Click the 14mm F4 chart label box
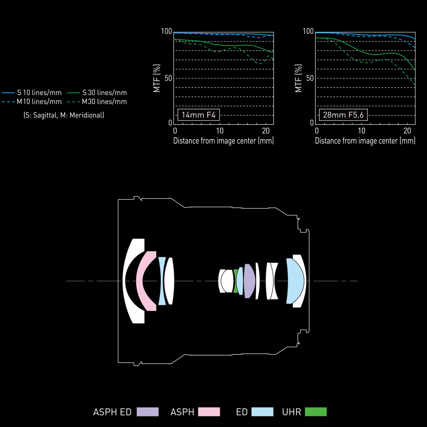[199, 115]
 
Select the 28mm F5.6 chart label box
[343, 115]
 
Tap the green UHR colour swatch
[316, 412]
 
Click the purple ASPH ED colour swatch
[147, 412]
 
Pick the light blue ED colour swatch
[262, 412]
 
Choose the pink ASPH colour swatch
[209, 412]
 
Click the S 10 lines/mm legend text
[39, 93]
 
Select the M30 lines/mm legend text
[104, 102]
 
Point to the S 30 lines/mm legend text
[104, 93]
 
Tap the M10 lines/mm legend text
[39, 102]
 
